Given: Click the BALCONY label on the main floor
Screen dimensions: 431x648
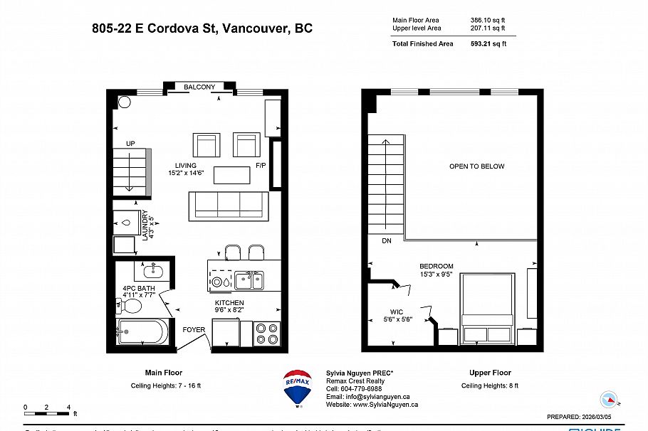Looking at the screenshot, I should tap(199, 87).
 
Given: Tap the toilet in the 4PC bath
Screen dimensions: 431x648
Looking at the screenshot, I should tap(129, 307).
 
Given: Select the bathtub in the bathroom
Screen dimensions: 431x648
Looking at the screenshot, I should tap(143, 331).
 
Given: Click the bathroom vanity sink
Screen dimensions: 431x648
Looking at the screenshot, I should tap(153, 271).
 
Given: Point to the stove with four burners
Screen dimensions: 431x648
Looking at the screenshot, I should tap(267, 333).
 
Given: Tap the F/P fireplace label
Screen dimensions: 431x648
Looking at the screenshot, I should tap(261, 166).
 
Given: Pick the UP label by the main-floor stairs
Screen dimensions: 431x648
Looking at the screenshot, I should tap(130, 144).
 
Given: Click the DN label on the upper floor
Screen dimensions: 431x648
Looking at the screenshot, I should tap(387, 241).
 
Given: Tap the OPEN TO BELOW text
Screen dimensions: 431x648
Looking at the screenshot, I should tap(476, 166).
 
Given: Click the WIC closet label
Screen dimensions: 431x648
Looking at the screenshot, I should tap(396, 312).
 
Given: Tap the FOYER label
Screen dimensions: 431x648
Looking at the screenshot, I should tap(194, 330).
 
